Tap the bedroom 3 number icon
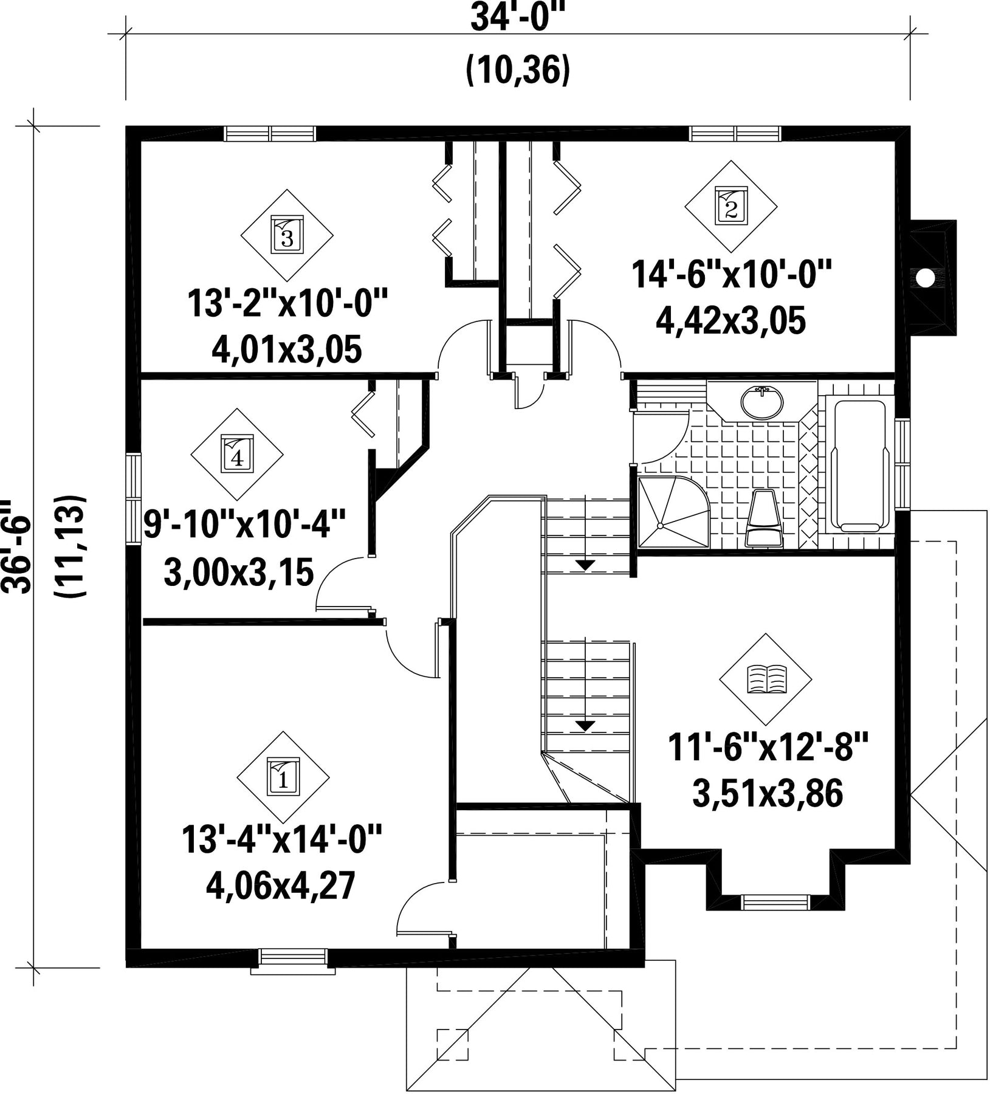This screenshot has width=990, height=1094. click(x=287, y=235)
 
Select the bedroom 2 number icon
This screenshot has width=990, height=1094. click(x=730, y=206)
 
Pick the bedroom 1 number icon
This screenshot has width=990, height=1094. click(x=283, y=776)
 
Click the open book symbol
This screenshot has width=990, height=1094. click(x=766, y=679)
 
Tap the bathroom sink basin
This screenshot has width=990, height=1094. click(x=761, y=402)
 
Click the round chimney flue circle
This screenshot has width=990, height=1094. click(x=924, y=278)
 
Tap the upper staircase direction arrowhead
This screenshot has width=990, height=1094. click(x=585, y=565)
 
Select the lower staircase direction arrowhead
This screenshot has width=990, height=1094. click(x=585, y=725)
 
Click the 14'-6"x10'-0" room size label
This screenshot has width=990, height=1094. click(x=730, y=275)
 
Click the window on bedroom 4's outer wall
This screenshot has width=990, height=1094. click(x=133, y=497)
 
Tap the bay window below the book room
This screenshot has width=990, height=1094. click(x=776, y=903)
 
